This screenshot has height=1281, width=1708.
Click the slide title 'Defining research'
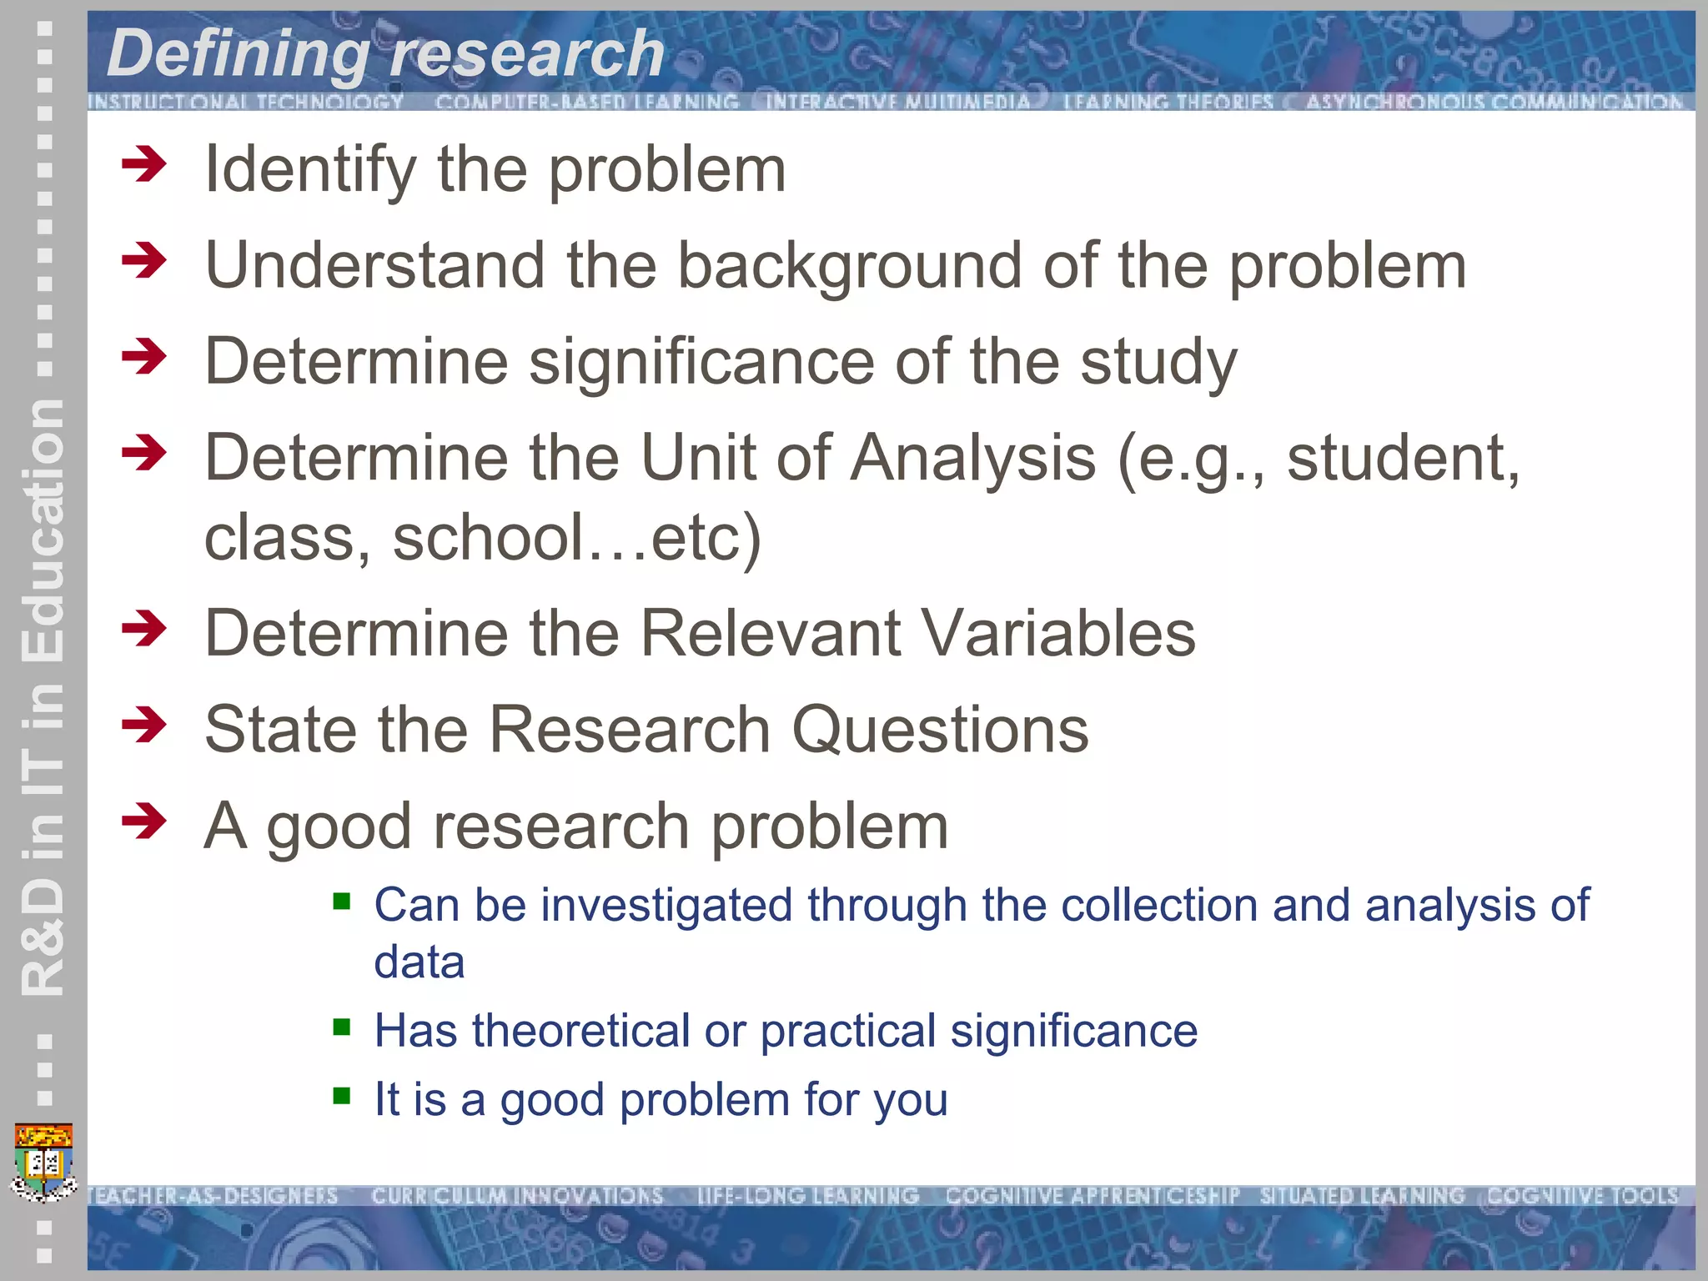[385, 53]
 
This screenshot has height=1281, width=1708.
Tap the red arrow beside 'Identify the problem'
[144, 164]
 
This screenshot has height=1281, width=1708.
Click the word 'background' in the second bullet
[849, 265]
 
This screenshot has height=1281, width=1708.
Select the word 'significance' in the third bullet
[701, 362]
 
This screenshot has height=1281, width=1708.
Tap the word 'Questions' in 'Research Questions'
[940, 730]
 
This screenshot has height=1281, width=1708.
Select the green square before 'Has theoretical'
[341, 1026]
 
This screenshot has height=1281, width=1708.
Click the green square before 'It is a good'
[341, 1094]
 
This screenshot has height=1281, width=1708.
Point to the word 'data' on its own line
[419, 962]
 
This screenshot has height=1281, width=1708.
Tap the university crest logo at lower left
[44, 1162]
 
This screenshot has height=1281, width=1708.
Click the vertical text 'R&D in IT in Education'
[43, 696]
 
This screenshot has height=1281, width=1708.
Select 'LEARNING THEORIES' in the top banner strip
[1168, 102]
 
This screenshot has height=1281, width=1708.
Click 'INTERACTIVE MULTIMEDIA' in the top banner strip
[897, 102]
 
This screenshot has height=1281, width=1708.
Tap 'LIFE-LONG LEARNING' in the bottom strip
[807, 1196]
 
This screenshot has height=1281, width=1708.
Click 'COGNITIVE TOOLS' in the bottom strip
[1582, 1196]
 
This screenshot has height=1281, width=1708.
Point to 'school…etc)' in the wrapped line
[576, 538]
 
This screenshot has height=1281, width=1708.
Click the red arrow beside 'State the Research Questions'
[144, 725]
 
